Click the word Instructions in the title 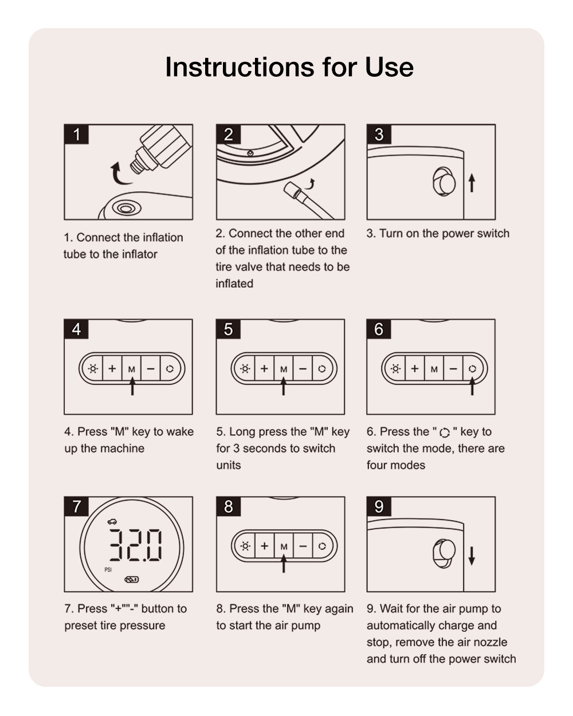pyautogui.click(x=240, y=67)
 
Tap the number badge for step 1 pyautogui.click(x=76, y=135)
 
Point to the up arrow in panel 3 pyautogui.click(x=472, y=183)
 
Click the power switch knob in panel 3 pyautogui.click(x=444, y=182)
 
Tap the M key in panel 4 pyautogui.click(x=132, y=369)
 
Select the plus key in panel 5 pyautogui.click(x=264, y=368)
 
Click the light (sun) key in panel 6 pyautogui.click(x=395, y=369)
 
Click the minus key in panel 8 pyautogui.click(x=303, y=546)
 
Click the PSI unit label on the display pyautogui.click(x=108, y=569)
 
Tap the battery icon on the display pyautogui.click(x=132, y=580)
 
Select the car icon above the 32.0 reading pyautogui.click(x=112, y=521)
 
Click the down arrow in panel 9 pyautogui.click(x=472, y=556)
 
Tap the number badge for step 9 pyautogui.click(x=379, y=507)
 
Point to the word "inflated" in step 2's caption pyautogui.click(x=234, y=284)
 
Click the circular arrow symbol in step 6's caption pyautogui.click(x=445, y=432)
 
